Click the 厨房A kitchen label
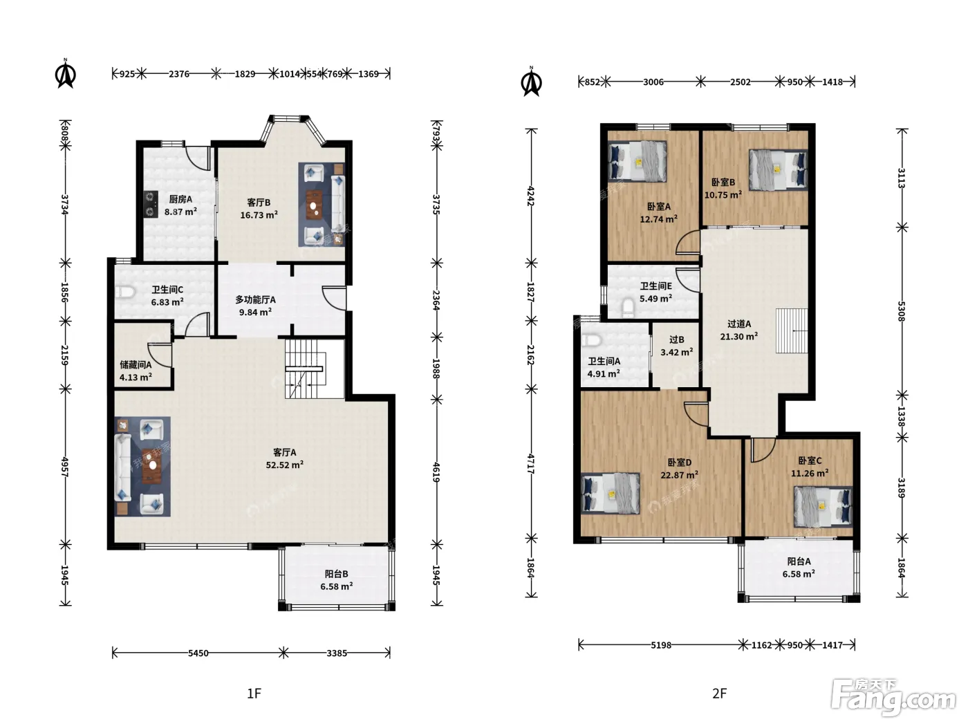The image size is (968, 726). pos(181,199)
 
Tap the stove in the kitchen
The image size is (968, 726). pos(151,204)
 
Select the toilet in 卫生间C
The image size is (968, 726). pos(124,292)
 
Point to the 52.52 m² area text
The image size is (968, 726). pos(284,465)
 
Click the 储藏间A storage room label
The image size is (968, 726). pos(136,365)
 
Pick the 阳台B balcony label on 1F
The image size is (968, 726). pos(337,574)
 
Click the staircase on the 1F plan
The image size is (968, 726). pos(305,369)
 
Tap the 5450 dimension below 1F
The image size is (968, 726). pos(198,653)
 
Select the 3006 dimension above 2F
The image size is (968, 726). pos(653,82)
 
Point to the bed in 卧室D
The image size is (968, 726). pos(611,494)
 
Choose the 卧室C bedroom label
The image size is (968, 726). pos(810,460)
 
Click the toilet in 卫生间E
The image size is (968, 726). pos(628,307)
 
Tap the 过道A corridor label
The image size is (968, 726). pos(739,324)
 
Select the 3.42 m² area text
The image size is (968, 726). pos(676,352)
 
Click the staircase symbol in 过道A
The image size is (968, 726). pos(792,331)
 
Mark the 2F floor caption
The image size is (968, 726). pos(719,694)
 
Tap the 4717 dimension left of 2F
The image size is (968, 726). pos(531,464)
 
